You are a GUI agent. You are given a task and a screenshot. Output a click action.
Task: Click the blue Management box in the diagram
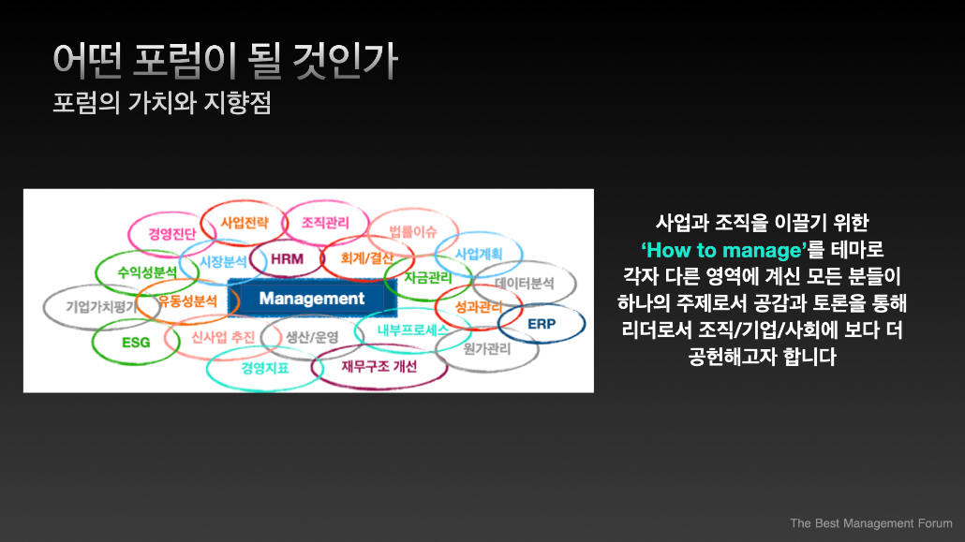[x=312, y=299]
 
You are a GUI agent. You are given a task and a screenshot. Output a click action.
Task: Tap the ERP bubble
[x=542, y=324]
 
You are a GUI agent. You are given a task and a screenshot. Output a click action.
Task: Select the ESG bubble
[x=136, y=343]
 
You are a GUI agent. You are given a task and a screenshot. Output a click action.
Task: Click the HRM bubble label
[x=287, y=259]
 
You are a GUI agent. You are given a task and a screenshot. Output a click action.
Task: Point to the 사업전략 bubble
[x=245, y=223]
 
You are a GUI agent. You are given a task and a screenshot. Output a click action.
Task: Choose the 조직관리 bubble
[x=325, y=223]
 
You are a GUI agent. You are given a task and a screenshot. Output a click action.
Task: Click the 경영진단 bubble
[x=171, y=234]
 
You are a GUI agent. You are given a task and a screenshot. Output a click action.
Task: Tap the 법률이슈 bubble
[x=413, y=232]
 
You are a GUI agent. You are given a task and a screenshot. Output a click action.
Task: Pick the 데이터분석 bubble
[x=525, y=284]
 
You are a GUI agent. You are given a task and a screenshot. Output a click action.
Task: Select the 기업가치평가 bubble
[x=101, y=307]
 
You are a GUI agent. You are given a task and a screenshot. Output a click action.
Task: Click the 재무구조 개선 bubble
[x=379, y=367]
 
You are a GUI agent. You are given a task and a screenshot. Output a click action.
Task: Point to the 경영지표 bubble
[x=264, y=369]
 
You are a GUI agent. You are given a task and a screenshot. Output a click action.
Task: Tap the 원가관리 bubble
[x=487, y=349]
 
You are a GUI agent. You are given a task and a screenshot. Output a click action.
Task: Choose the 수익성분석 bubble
[x=147, y=272]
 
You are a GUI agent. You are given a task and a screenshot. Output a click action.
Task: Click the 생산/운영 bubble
[x=312, y=337]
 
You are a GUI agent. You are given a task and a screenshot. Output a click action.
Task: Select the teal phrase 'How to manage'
[x=723, y=250]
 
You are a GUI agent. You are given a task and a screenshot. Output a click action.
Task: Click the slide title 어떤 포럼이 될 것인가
[x=225, y=61]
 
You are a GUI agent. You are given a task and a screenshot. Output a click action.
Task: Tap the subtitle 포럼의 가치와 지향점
[x=162, y=103]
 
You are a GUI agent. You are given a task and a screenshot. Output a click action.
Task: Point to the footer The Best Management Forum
[x=870, y=523]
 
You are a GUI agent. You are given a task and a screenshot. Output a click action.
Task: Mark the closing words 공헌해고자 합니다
[x=762, y=357]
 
